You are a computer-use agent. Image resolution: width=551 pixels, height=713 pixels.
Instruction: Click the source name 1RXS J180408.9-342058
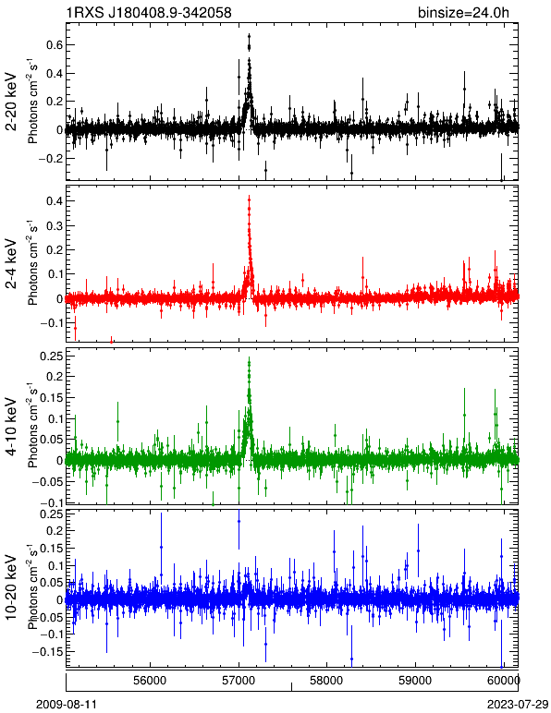coord(149,12)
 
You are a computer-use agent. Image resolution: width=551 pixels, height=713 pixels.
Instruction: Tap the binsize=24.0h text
coord(464,12)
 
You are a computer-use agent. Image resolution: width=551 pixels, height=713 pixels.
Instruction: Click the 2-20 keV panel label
coord(11,102)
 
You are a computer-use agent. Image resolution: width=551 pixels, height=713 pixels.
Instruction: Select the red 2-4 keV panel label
coord(11,264)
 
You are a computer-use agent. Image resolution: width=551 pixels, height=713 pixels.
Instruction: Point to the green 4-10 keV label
coord(11,427)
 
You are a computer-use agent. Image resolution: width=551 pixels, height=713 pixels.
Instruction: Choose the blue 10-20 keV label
coord(11,587)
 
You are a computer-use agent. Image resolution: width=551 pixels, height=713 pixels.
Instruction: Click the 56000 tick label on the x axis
coord(151,681)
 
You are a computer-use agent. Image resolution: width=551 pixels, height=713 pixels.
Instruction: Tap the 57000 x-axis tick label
coord(239,681)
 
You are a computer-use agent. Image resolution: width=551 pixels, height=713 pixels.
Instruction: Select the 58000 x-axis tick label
coord(326,681)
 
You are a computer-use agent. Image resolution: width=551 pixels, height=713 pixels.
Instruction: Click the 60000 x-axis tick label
coord(504,681)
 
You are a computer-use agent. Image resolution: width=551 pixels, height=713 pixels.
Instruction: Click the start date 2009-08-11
coord(67,705)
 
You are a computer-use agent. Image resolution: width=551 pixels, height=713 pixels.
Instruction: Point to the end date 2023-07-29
coord(518,705)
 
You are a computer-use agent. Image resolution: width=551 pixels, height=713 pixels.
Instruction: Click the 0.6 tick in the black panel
coord(54,45)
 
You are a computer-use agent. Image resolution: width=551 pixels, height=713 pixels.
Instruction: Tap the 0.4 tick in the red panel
coord(54,201)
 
